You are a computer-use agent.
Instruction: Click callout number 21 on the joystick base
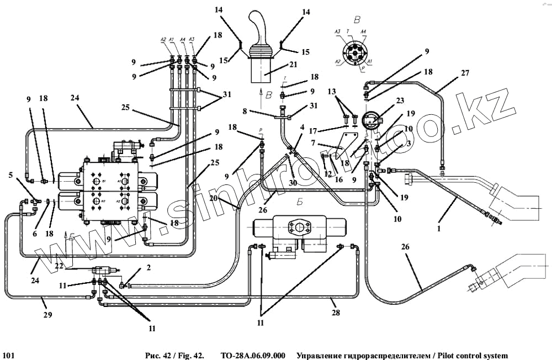[x=293, y=65]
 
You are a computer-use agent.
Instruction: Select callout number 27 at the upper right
[x=465, y=72]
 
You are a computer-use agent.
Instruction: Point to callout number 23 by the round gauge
[x=399, y=100]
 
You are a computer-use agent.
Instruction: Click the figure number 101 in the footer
[x=8, y=355]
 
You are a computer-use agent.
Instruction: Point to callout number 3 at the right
[x=408, y=143]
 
